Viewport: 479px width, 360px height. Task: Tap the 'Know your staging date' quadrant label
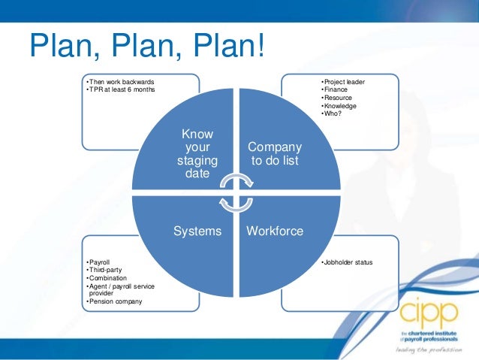(197, 153)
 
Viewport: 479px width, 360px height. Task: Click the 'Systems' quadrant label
(197, 231)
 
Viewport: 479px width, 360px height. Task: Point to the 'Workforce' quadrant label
(275, 231)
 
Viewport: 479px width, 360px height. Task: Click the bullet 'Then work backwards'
(122, 81)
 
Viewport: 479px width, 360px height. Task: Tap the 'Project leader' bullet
(343, 81)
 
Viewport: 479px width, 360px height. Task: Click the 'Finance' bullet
(335, 89)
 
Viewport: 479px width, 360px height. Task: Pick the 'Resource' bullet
(337, 98)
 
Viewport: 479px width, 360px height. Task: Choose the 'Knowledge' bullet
(339, 106)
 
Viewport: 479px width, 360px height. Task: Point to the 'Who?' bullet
(331, 113)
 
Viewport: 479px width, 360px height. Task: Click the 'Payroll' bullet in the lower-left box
(100, 262)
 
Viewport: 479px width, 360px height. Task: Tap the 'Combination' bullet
(109, 278)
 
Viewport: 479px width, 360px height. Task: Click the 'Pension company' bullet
(116, 302)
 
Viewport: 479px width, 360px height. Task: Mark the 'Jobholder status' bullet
(346, 262)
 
